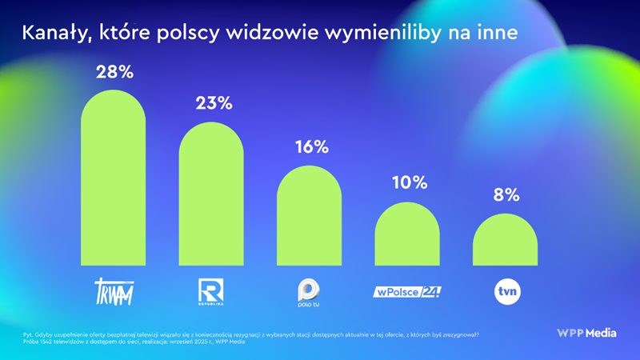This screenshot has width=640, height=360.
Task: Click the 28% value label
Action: pos(114,72)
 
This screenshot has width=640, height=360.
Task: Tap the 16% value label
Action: pos(310,147)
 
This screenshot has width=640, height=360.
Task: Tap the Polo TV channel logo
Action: pos(310,292)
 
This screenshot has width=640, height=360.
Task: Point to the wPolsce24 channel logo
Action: pos(408,291)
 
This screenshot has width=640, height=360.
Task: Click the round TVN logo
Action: pos(506,291)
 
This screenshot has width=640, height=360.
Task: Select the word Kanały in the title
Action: pos(55,33)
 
